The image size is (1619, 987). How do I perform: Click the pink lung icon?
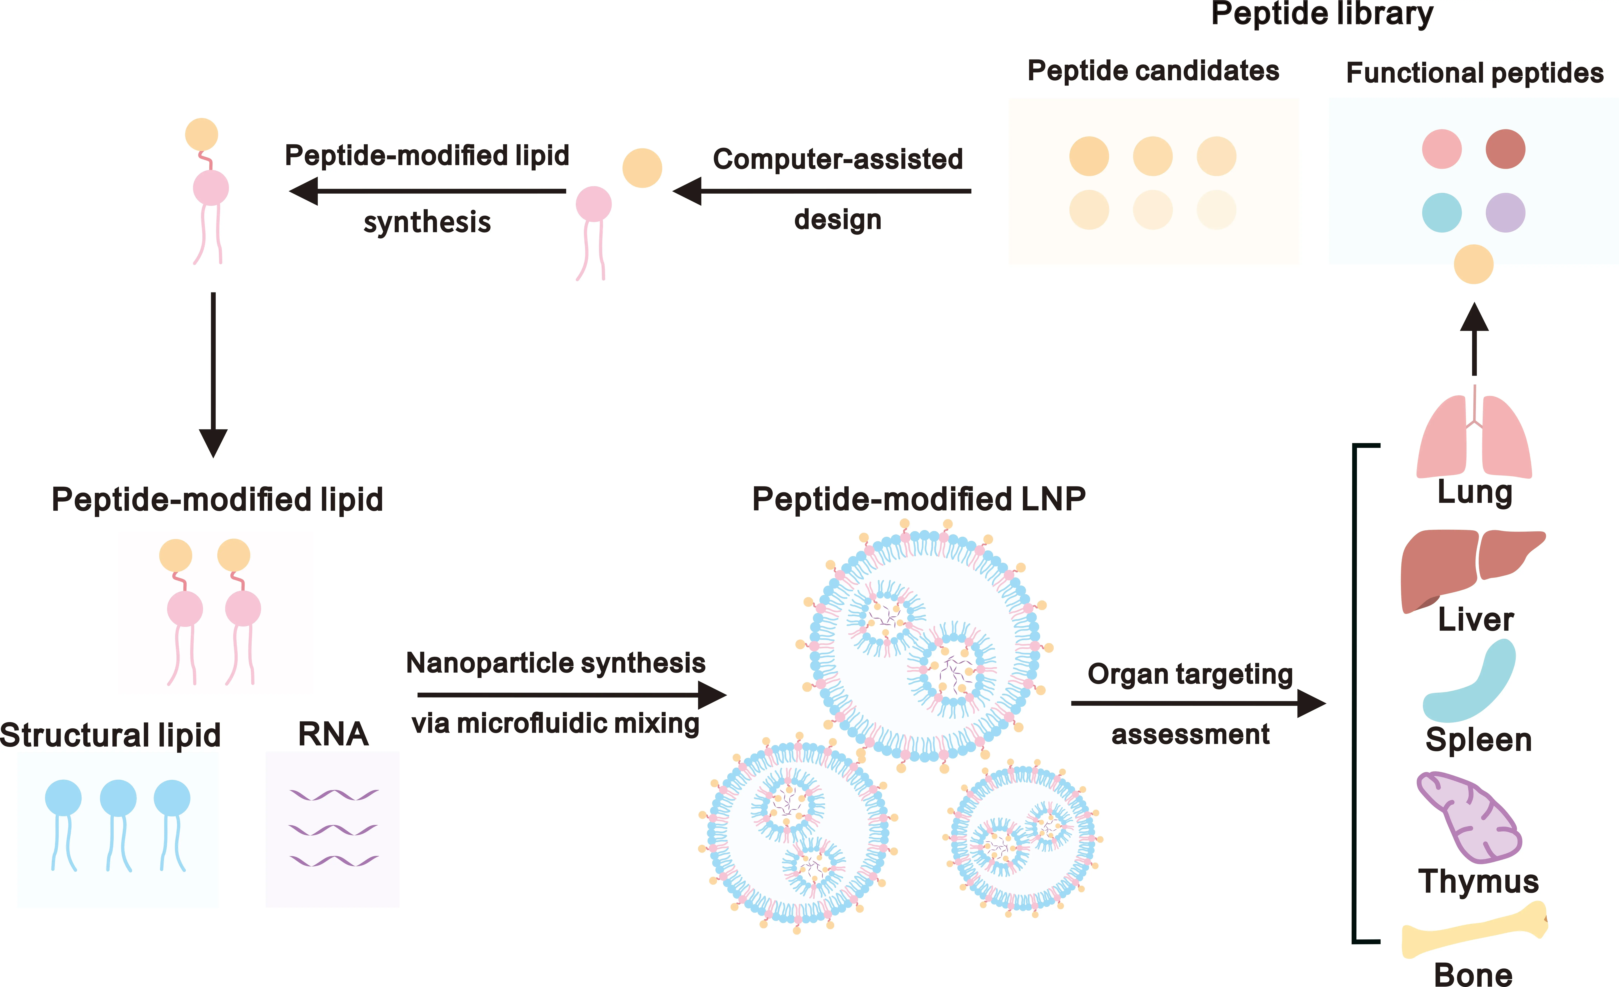coord(1474,440)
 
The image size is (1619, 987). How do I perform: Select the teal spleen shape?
coord(1472,687)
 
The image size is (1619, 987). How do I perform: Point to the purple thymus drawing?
coord(1468,818)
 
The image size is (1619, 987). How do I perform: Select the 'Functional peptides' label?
coord(1474,72)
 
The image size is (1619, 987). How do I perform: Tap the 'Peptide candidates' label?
coord(1153,70)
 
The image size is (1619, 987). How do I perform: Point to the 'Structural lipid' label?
coord(110,735)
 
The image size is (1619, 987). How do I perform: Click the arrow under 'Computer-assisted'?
coord(821,191)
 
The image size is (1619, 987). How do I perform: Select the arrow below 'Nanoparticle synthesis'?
coord(572,695)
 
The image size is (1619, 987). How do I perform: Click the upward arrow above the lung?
coord(1474,338)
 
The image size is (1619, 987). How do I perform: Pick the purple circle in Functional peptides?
coord(1505,212)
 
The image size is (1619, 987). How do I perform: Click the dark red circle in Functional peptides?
coord(1505,149)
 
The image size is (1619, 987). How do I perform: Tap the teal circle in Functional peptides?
coord(1442,212)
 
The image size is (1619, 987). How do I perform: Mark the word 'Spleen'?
coord(1478,740)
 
